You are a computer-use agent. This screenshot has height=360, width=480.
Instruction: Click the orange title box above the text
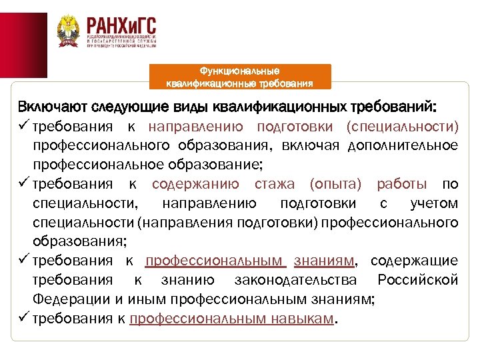(239, 77)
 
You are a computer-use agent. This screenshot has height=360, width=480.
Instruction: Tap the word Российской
(417, 279)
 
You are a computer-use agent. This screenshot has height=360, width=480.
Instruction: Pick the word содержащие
(414, 260)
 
